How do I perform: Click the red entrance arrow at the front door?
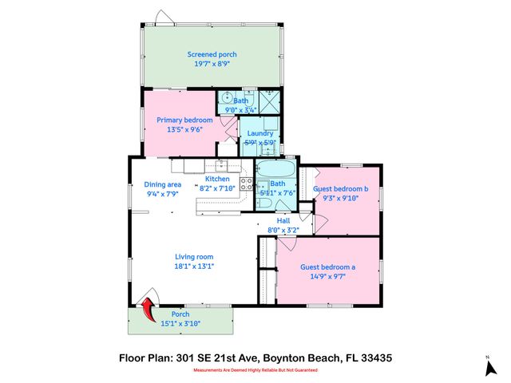(x=149, y=308)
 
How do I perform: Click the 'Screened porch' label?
(x=212, y=54)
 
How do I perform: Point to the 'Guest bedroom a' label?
(x=327, y=267)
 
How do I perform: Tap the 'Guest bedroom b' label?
(x=340, y=189)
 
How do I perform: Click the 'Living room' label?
(x=195, y=257)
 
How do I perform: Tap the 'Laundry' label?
(x=260, y=133)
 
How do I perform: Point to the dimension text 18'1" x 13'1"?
(x=195, y=267)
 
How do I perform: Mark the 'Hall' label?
(x=283, y=219)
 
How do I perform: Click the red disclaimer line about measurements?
(x=255, y=373)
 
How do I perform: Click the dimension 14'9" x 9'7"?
(x=327, y=277)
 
